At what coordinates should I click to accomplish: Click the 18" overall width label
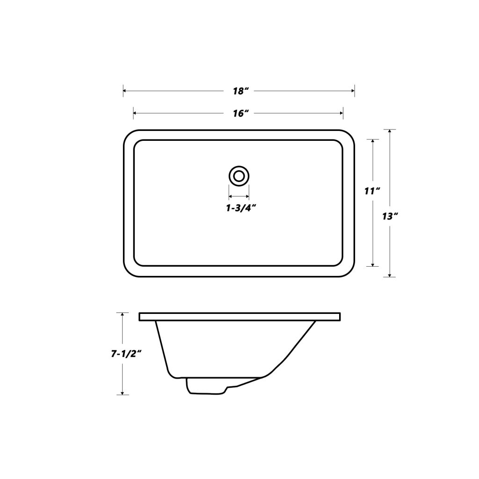click(239, 91)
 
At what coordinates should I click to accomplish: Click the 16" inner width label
click(239, 113)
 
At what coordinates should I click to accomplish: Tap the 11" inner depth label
click(372, 190)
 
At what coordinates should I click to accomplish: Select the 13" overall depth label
click(389, 216)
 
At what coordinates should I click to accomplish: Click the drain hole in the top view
click(239, 176)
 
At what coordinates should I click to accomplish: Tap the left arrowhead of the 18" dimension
click(125, 91)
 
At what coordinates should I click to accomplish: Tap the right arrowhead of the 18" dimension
click(352, 91)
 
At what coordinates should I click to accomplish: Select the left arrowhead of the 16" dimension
click(136, 113)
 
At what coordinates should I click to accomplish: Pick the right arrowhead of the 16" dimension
click(341, 113)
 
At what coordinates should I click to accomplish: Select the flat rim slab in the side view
click(239, 317)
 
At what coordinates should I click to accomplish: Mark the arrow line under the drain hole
click(239, 196)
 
